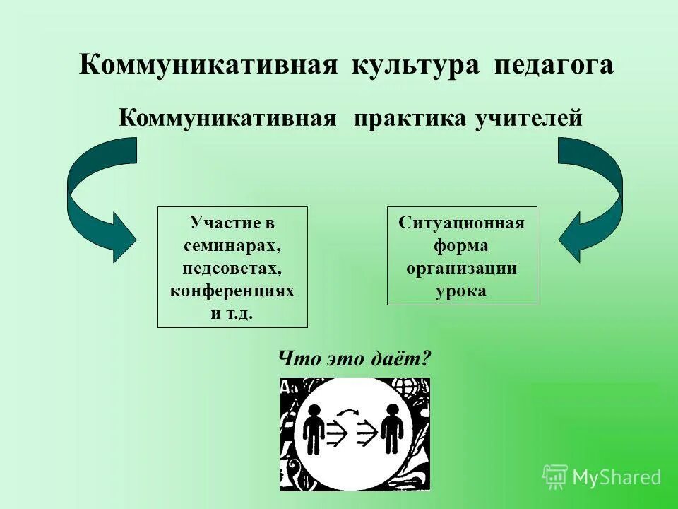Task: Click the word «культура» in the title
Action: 416,65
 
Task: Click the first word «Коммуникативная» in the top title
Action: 209,65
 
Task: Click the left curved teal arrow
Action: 99,198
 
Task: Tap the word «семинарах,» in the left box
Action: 232,246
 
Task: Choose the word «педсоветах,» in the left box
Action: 232,269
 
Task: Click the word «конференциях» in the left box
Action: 232,291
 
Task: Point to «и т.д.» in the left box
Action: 232,313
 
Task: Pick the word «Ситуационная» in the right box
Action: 462,223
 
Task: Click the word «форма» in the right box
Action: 462,246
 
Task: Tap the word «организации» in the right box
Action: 462,269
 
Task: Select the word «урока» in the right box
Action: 462,291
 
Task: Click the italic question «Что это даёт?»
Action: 355,359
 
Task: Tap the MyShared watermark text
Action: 616,478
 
